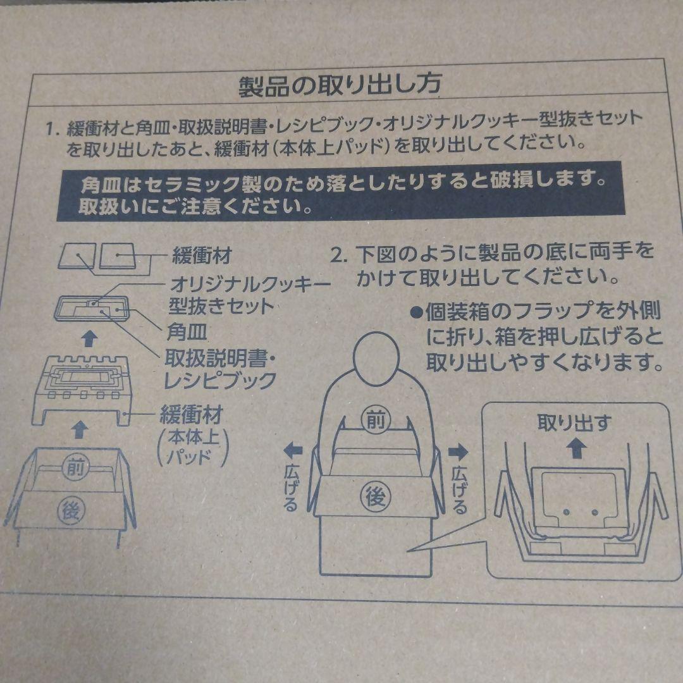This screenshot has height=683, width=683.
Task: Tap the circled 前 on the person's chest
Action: point(372,419)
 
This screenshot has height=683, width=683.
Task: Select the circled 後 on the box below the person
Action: point(372,498)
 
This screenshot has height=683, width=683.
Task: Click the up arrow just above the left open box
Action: point(78,429)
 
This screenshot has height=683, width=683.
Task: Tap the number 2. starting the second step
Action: point(340,255)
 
